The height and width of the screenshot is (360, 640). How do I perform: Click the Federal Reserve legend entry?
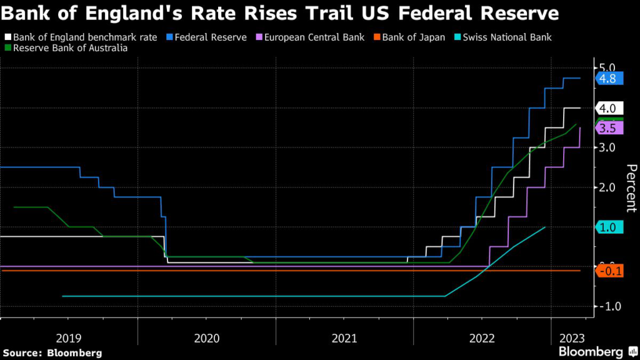click(211, 37)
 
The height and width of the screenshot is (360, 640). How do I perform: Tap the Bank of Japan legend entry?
click(411, 37)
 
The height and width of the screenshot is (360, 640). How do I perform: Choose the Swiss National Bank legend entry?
click(507, 37)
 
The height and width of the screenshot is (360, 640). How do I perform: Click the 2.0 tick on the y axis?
click(608, 187)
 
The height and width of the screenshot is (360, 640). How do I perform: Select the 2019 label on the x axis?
click(69, 337)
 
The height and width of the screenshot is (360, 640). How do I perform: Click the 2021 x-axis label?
click(344, 337)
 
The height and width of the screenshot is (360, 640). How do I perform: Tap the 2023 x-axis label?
click(572, 337)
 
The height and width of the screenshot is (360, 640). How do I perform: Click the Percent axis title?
click(631, 187)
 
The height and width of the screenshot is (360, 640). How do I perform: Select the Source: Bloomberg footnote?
click(52, 353)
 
